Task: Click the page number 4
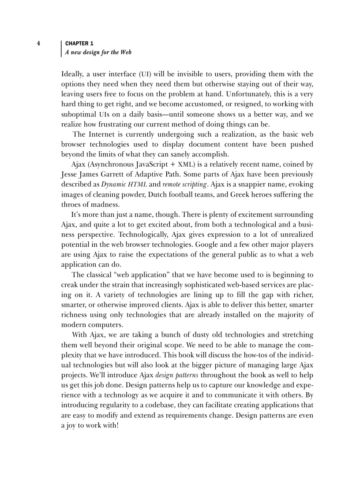[x=38, y=44]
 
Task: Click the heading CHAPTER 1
[x=79, y=44]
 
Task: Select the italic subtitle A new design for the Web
[x=98, y=52]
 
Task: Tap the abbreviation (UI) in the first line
[x=146, y=74]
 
